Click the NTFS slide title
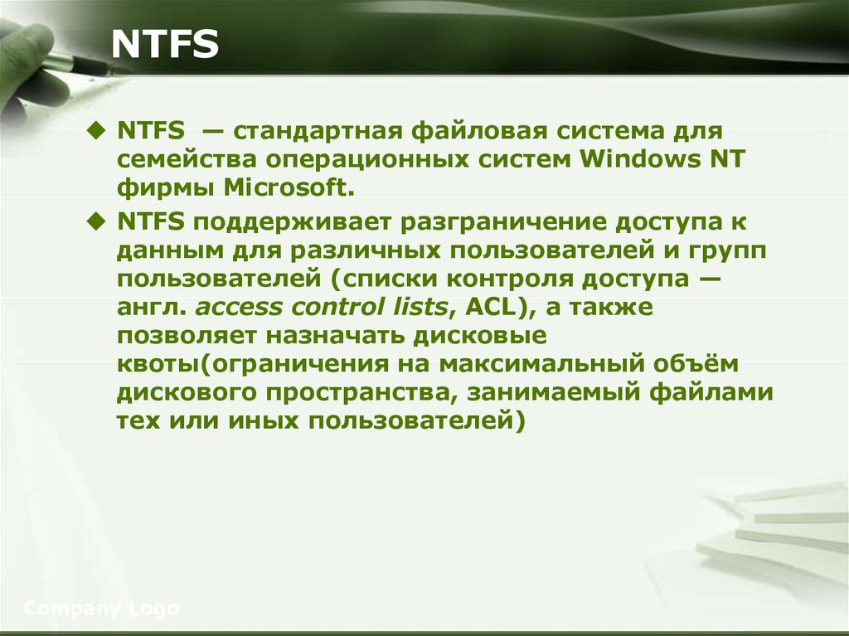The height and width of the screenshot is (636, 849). [x=165, y=46]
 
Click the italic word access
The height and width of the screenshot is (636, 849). [x=238, y=307]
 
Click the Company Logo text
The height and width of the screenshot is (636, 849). [x=101, y=609]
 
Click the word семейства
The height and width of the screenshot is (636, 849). [x=177, y=158]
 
